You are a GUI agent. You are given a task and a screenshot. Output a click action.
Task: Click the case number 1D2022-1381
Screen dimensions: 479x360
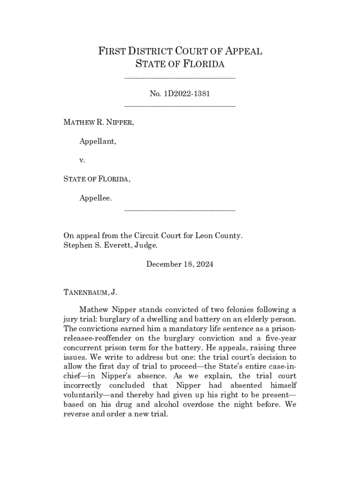coord(186,94)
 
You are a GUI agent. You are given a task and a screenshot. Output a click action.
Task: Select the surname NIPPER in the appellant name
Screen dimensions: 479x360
coord(120,123)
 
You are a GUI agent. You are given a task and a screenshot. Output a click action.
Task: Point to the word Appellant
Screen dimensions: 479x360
coord(98,141)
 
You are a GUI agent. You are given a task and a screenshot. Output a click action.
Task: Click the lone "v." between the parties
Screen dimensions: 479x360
coord(82,160)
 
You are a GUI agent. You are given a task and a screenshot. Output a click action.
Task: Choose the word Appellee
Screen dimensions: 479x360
coord(95,198)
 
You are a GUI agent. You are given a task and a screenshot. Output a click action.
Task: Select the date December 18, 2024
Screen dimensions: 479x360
coord(180,264)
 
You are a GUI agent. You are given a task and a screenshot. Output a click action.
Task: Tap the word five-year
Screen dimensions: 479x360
coord(278,338)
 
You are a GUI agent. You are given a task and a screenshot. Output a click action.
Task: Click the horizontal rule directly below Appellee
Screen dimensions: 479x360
coord(180,210)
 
